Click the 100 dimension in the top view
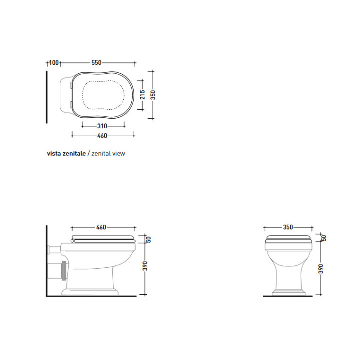click(x=54, y=62)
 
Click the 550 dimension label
click(x=96, y=62)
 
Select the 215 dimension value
click(x=143, y=95)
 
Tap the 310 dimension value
click(x=102, y=126)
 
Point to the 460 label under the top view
click(x=102, y=136)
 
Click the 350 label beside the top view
click(x=153, y=95)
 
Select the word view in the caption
click(x=119, y=153)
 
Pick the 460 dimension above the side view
click(x=101, y=227)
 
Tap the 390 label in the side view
click(x=145, y=266)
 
